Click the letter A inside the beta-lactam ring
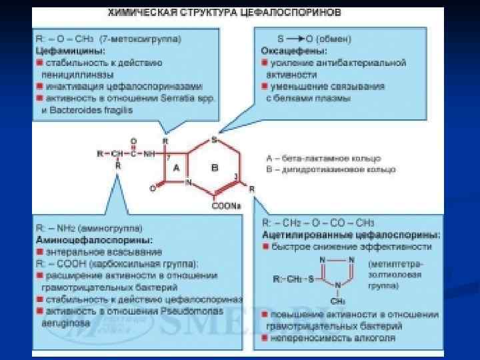177,169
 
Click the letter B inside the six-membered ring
215,168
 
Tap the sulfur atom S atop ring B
214,140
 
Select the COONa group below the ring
226,206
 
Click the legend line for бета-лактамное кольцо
323,159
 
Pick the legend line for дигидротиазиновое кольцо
330,169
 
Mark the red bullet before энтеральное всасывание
39,252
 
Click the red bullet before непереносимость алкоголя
265,338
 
